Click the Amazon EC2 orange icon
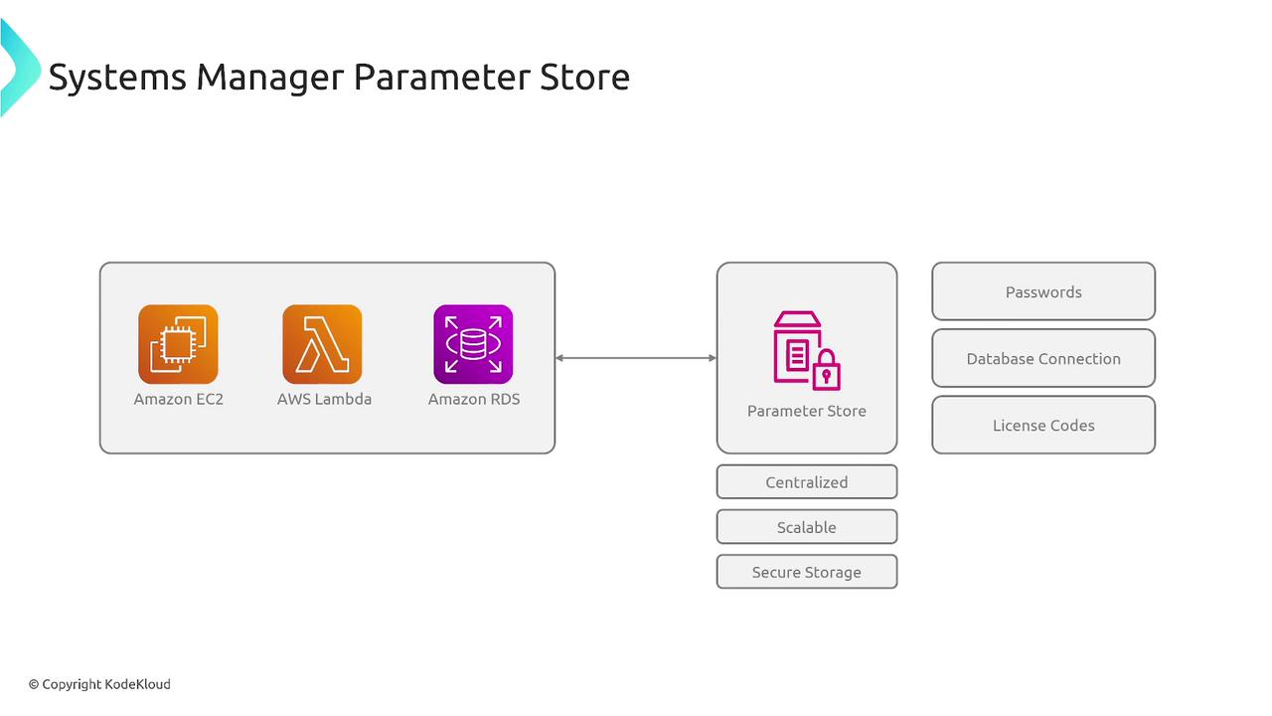(x=178, y=344)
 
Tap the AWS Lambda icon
(x=322, y=344)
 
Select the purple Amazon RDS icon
(x=473, y=344)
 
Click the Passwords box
(x=1043, y=291)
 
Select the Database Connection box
(x=1043, y=358)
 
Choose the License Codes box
(x=1043, y=425)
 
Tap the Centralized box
(x=807, y=482)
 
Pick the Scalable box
(x=807, y=527)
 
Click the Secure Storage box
(x=807, y=572)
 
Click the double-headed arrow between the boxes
(x=636, y=358)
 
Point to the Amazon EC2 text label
(x=179, y=399)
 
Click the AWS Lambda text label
(x=324, y=399)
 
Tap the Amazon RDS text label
(x=474, y=399)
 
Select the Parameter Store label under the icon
(x=807, y=411)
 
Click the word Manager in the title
(x=269, y=78)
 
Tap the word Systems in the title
(x=117, y=78)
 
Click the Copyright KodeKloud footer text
(x=99, y=684)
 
